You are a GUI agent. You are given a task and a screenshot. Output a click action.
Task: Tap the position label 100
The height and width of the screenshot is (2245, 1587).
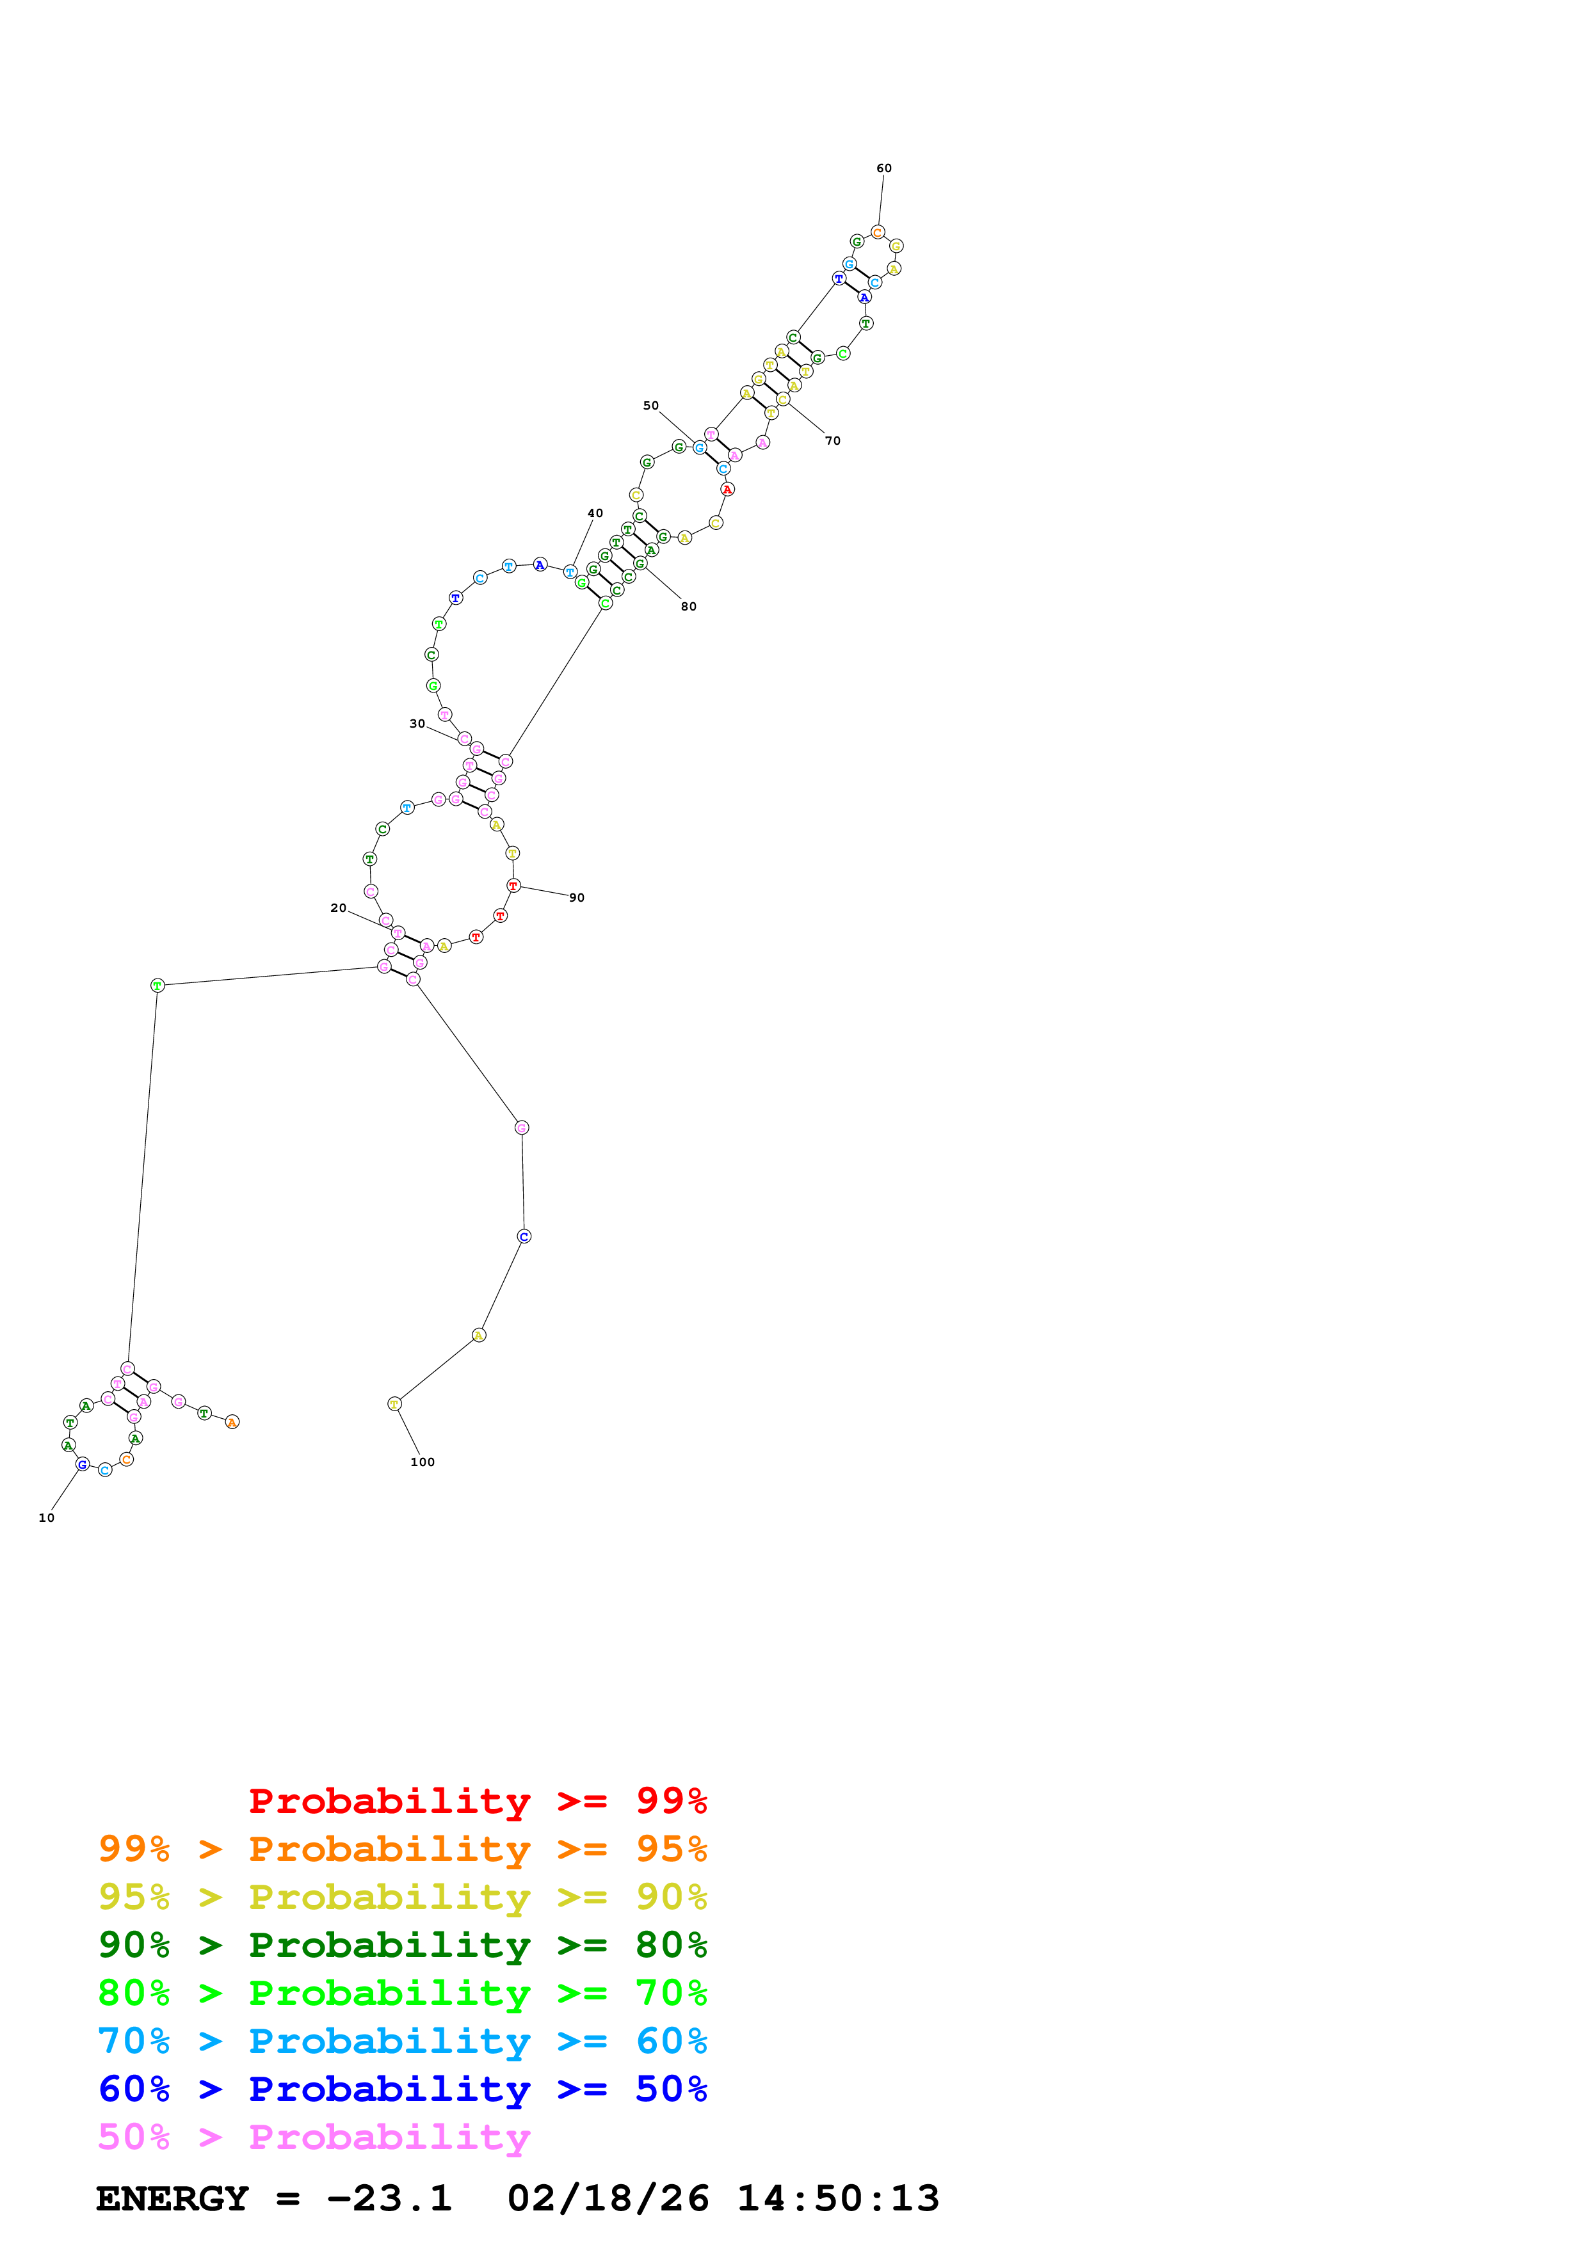[423, 1462]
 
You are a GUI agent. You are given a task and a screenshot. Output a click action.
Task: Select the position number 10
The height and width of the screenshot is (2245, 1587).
[46, 1517]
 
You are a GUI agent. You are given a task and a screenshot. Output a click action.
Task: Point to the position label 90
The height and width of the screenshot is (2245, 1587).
[577, 898]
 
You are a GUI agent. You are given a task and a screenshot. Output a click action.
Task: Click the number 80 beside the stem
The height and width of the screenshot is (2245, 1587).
[688, 606]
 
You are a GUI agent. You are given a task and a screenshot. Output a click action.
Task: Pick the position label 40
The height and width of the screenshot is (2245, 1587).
[595, 513]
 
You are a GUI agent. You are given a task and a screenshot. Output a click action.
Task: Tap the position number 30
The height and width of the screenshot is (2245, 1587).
[417, 724]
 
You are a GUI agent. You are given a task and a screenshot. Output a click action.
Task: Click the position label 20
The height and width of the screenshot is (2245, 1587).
[337, 908]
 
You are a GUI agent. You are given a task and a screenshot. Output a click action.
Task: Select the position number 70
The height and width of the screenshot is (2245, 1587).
[832, 441]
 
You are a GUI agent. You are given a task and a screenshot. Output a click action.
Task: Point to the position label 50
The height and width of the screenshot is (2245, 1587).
[650, 406]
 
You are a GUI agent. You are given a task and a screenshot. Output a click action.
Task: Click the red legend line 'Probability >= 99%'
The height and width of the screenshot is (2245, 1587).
[477, 1800]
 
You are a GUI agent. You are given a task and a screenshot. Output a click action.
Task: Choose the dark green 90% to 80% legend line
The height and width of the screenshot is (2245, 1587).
[402, 1945]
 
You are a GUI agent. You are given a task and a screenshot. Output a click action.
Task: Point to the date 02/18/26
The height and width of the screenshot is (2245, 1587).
[608, 2199]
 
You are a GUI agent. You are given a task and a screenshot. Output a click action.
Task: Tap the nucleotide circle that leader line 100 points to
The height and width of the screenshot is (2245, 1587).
[394, 1404]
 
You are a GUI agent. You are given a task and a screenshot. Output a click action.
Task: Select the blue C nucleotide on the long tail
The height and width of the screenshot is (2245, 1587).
[524, 1237]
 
